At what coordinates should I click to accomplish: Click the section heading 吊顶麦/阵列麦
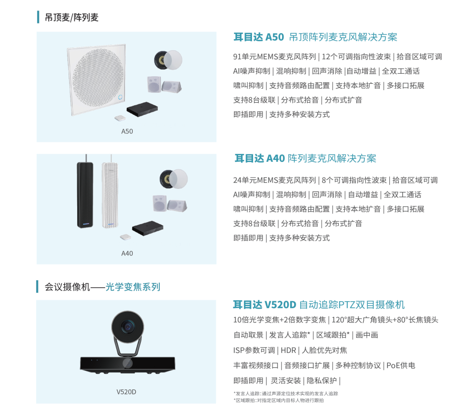71,18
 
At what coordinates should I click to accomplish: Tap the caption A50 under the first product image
127,131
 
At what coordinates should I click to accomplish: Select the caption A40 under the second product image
127,253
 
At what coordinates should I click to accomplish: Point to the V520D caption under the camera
126,392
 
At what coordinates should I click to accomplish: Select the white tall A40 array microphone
110,195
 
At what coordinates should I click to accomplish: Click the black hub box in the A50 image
142,109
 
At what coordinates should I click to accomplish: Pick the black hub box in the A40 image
148,228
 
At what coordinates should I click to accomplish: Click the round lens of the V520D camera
128,327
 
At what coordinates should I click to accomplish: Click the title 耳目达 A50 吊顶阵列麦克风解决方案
315,37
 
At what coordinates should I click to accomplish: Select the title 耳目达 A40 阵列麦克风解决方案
305,158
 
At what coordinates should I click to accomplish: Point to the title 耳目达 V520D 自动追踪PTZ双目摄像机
319,305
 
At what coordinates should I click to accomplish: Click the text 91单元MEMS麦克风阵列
275,57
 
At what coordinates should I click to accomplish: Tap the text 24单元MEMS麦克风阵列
275,180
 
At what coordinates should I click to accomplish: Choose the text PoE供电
401,365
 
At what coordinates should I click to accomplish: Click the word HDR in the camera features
288,350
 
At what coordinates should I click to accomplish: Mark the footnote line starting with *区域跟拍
279,400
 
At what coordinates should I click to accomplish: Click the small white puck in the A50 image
120,118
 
